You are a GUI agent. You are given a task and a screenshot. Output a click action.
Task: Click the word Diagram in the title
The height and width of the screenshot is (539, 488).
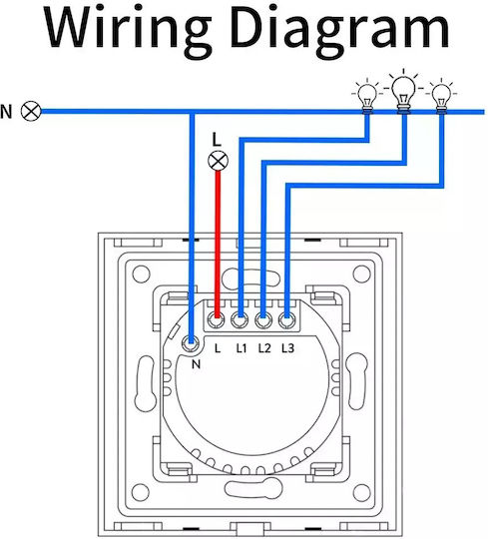click(339, 30)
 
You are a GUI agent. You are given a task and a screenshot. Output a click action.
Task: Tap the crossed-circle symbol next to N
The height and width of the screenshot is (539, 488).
click(31, 111)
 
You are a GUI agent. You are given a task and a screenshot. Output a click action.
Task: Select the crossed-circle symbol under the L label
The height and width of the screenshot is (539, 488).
click(218, 161)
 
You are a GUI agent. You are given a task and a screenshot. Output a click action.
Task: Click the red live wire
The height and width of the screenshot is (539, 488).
click(218, 244)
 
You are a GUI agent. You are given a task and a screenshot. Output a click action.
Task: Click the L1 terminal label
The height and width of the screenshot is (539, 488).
click(242, 348)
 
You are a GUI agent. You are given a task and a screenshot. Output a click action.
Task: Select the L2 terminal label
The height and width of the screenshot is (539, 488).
click(264, 348)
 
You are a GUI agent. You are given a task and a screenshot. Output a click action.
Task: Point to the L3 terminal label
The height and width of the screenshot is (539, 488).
click(287, 348)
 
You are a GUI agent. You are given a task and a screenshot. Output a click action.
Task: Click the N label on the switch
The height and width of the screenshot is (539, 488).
click(196, 364)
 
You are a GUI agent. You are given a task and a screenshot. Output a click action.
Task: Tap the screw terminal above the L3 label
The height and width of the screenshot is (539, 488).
click(286, 320)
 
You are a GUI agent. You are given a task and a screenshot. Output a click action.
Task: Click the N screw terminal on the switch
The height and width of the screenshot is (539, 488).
click(191, 342)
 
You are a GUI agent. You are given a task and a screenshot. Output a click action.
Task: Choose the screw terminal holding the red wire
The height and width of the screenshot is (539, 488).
click(216, 320)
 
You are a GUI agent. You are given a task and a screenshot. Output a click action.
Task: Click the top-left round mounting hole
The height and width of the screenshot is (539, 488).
click(141, 273)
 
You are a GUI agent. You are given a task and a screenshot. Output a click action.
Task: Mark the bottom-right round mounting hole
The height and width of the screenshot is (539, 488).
click(361, 492)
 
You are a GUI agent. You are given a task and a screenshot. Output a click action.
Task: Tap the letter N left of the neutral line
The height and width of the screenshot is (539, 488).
click(6, 112)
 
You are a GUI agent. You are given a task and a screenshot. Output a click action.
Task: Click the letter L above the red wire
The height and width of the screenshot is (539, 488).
click(217, 140)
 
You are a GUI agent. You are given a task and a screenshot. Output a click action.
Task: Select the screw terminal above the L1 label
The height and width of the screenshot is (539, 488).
click(240, 320)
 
